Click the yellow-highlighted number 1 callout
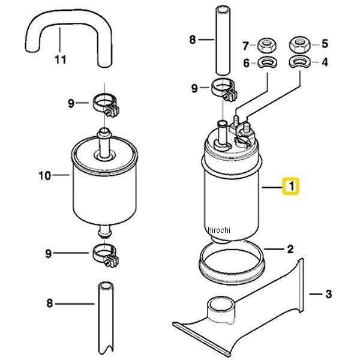click(291, 186)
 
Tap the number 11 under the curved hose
click(61, 59)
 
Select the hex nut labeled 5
click(300, 45)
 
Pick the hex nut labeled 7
click(267, 46)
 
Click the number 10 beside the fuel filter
click(45, 176)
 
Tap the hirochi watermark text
click(218, 230)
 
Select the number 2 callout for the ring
click(290, 249)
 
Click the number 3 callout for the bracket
click(329, 294)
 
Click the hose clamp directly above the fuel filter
click(106, 105)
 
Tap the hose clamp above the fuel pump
click(224, 90)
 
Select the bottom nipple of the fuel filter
click(104, 231)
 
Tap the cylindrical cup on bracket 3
click(221, 310)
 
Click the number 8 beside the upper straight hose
click(192, 40)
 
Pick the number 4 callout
click(325, 62)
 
